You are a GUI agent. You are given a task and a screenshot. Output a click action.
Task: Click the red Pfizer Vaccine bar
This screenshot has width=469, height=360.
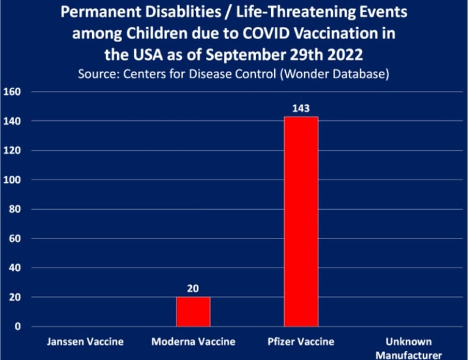click(301, 221)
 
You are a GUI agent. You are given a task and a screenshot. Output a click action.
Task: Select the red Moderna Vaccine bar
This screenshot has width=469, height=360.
click(193, 312)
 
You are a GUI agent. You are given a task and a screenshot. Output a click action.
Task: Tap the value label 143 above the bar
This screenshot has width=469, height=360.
click(301, 108)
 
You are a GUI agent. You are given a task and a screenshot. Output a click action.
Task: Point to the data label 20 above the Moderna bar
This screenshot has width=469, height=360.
click(193, 288)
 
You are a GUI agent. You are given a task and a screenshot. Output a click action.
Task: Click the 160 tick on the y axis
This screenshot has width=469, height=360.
click(12, 92)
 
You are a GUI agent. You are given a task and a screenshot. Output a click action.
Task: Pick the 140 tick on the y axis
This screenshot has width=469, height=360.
click(12, 121)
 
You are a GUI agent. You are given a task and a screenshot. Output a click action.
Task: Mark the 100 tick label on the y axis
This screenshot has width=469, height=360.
click(12, 180)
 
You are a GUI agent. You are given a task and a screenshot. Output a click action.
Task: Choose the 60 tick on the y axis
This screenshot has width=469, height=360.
click(15, 238)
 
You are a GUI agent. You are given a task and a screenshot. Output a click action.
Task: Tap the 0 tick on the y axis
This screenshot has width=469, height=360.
click(18, 326)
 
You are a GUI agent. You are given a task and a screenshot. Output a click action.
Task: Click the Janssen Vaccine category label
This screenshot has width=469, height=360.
click(85, 342)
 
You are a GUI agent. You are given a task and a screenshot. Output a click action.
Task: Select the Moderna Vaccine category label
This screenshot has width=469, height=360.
click(193, 342)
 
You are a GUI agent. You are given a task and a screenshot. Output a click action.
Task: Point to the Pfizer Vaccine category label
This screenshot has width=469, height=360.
click(301, 342)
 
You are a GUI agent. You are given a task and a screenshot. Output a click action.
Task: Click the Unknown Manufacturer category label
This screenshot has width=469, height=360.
click(409, 348)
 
